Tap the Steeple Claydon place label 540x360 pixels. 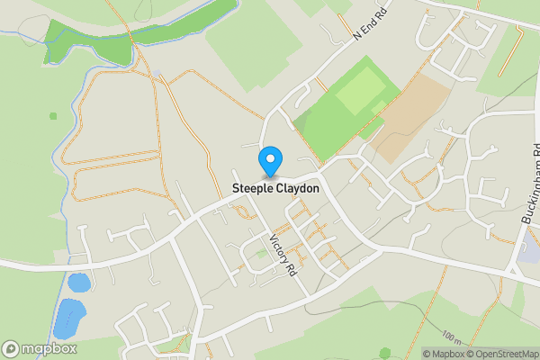click(275, 189)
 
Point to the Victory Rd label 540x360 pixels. click(283, 255)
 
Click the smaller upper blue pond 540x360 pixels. click(79, 283)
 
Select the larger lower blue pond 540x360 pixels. click(68, 317)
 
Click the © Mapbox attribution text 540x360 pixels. click(442, 354)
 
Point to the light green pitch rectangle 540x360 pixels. click(359, 91)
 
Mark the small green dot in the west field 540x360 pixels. click(53, 115)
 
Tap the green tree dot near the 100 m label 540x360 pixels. click(385, 353)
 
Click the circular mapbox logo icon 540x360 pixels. click(11, 348)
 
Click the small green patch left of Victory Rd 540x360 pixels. click(262, 255)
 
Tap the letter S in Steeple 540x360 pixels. click(236, 189)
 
